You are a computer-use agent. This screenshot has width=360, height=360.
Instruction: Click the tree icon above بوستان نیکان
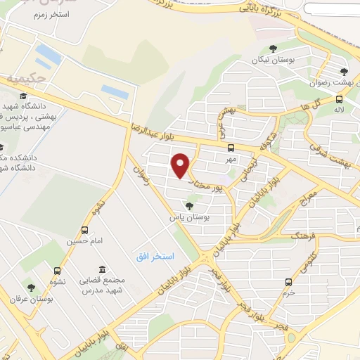coord(274,49)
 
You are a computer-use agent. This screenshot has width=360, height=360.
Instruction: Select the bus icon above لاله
coord(340,99)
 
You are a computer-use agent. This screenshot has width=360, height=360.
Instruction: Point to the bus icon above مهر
coord(231,148)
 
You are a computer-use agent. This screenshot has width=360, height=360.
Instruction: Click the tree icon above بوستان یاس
coord(188,205)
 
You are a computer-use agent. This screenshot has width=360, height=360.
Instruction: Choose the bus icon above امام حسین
coord(85,229)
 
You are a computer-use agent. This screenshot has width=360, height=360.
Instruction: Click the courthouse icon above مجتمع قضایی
coord(103,269)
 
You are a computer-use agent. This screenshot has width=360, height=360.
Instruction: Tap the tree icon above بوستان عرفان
coord(30,287)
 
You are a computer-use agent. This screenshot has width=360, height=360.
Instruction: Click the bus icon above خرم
coord(288,282)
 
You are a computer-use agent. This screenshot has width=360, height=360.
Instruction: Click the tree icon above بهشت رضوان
coord(344,71)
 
